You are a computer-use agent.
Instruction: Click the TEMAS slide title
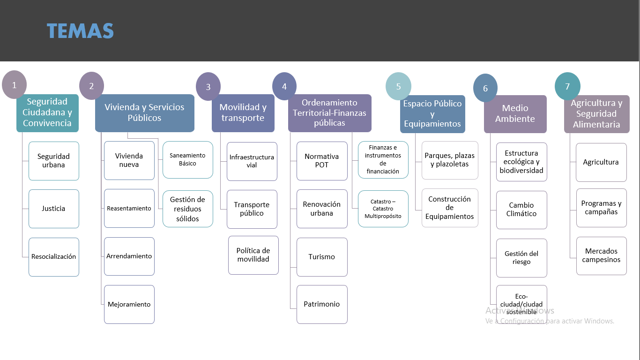click(x=80, y=31)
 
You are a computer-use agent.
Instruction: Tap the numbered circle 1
click(x=15, y=85)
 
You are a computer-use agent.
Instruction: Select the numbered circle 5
click(x=398, y=86)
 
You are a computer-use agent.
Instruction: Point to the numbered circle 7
click(x=567, y=86)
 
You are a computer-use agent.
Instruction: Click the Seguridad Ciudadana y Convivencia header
click(x=47, y=112)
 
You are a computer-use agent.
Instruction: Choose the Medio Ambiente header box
click(x=515, y=114)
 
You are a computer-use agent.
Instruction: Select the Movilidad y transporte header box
click(x=243, y=113)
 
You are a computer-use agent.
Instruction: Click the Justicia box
click(x=53, y=209)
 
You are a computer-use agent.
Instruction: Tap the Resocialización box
click(x=53, y=257)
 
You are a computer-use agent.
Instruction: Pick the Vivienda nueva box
click(x=129, y=160)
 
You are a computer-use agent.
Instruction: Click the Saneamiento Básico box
click(x=187, y=159)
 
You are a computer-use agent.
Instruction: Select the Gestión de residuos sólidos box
click(x=187, y=209)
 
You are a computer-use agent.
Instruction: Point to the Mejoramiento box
click(x=129, y=304)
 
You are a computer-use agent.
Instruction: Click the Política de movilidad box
click(x=253, y=255)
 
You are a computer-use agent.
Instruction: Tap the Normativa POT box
click(x=322, y=161)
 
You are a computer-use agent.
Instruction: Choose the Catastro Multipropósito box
click(x=383, y=209)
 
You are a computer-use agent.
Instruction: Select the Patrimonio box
click(x=322, y=304)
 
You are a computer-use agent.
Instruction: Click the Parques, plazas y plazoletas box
click(x=449, y=160)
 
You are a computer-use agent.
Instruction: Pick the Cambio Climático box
click(x=521, y=210)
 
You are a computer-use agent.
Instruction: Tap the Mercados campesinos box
click(x=601, y=255)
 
